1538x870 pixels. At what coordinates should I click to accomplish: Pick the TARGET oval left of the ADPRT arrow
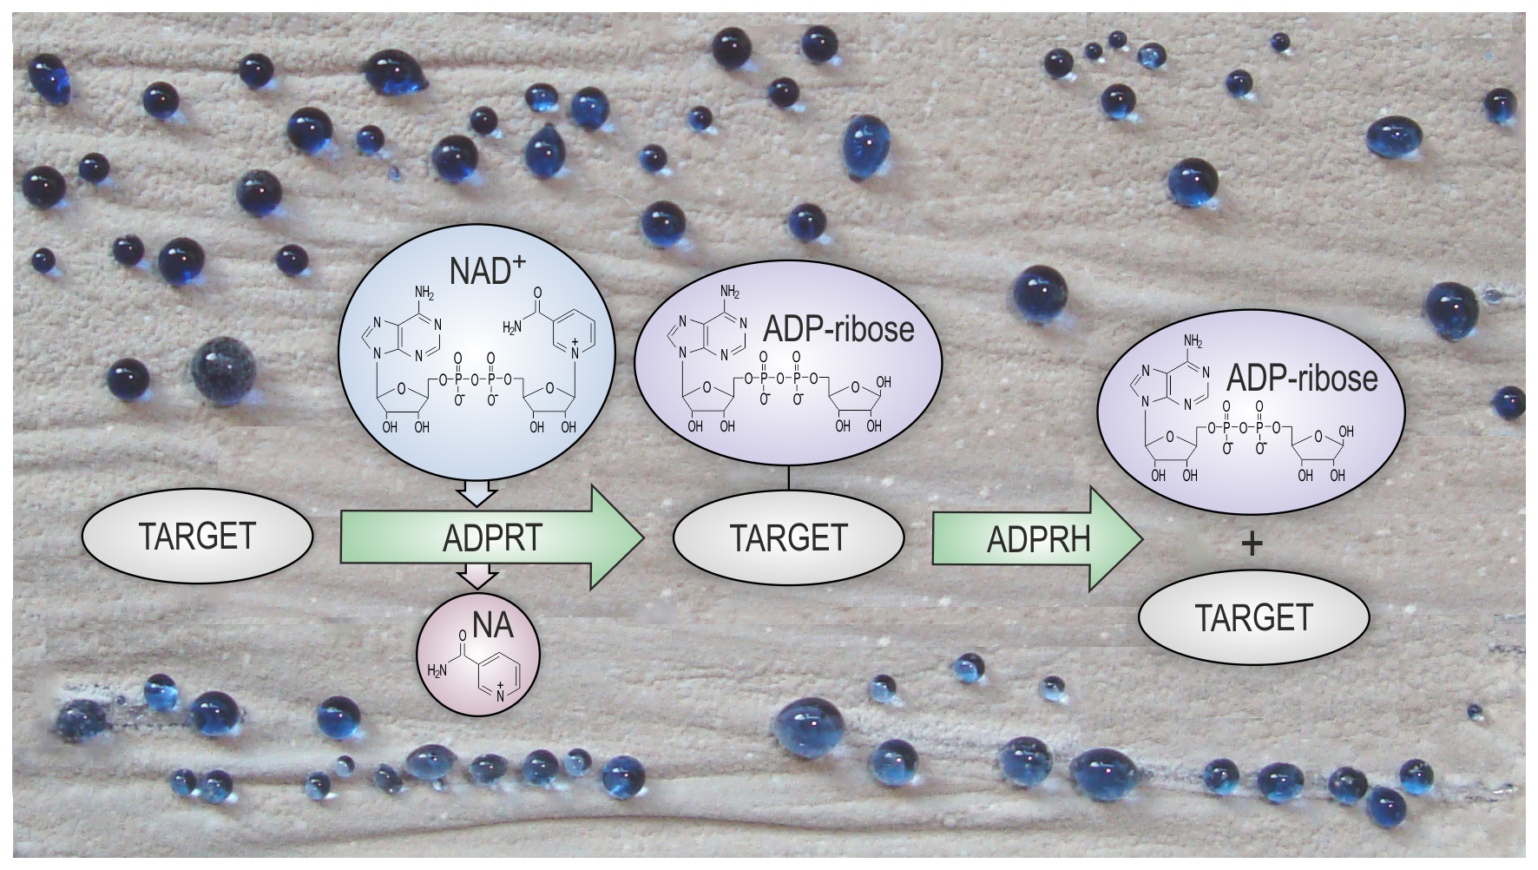(197, 536)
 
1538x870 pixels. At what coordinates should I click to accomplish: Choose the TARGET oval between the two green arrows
(788, 537)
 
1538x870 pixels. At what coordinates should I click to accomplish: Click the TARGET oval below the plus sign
(1253, 617)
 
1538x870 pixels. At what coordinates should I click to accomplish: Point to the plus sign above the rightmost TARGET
(1252, 544)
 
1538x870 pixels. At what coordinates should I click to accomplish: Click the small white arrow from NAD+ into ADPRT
(477, 494)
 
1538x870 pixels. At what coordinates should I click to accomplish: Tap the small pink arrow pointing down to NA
(477, 577)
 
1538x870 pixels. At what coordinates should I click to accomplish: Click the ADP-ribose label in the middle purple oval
(838, 329)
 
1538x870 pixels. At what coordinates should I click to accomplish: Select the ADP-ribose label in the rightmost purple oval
(1302, 379)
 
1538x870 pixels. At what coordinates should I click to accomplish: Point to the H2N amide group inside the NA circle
(437, 670)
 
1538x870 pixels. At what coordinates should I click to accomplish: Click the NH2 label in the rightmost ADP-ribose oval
(1193, 340)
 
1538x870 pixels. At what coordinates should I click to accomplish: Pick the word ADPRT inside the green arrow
(492, 538)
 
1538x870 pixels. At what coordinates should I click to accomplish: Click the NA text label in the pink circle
(492, 623)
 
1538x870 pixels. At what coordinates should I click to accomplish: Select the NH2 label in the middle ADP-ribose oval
(730, 292)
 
